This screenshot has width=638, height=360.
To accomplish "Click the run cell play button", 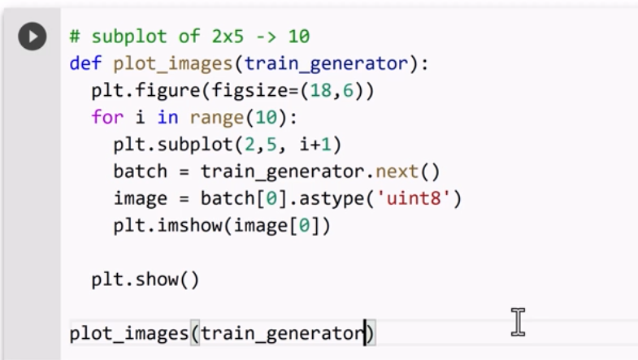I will tap(33, 37).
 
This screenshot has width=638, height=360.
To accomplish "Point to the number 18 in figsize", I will tap(309, 90).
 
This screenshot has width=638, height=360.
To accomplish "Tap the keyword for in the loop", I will tap(106, 117).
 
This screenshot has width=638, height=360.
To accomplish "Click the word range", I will tap(211, 117).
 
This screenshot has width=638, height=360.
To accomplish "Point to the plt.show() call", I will tap(145, 280).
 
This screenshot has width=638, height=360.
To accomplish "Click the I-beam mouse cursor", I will tap(518, 322).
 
